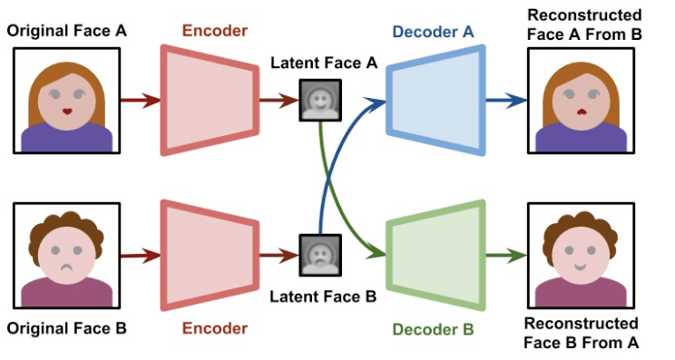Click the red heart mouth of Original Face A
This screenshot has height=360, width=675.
67,112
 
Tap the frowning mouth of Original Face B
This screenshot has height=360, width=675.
67,268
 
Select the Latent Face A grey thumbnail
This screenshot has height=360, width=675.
320,100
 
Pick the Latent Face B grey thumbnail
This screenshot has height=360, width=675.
320,255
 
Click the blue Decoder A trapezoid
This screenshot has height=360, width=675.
435,100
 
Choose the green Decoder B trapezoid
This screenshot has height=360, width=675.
435,256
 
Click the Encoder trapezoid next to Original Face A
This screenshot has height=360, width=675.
210,100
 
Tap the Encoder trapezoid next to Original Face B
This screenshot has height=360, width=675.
210,256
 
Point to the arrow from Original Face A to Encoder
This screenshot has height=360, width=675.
141,101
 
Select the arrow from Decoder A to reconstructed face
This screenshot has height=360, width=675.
506,101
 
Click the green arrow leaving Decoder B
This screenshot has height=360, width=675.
506,256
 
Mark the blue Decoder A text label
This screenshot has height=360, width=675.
433,32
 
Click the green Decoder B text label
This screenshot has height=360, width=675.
433,330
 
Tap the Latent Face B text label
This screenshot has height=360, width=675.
323,297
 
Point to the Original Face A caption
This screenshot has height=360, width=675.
67,31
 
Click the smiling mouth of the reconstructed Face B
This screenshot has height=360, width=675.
581,268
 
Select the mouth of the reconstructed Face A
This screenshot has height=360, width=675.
582,112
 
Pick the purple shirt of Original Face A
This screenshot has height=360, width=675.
67,138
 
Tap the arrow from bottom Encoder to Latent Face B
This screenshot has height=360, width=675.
279,256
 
